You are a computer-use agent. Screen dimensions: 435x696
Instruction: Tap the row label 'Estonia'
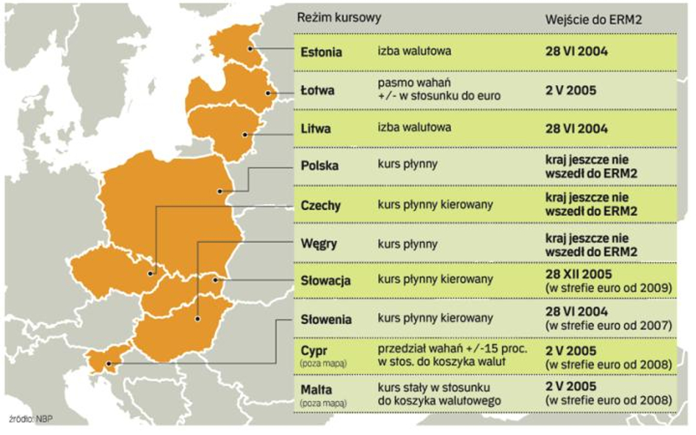coord(322,51)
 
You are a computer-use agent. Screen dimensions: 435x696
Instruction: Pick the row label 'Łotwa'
coord(318,91)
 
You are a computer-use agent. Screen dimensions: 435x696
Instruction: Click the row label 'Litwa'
coord(316,128)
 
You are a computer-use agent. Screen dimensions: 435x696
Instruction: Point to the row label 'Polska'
coord(320,165)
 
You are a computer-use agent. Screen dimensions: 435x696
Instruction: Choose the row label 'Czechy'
coord(321,205)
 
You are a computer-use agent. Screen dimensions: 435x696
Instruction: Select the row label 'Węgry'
coord(319,243)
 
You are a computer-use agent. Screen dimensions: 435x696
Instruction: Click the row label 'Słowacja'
coord(325,280)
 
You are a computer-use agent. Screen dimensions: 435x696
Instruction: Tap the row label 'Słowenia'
coord(326,319)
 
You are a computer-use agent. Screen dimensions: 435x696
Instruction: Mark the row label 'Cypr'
coord(313,352)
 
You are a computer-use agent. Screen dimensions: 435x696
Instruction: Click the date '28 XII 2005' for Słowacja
coord(577,274)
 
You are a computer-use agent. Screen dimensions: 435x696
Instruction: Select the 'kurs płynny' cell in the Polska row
coord(407,164)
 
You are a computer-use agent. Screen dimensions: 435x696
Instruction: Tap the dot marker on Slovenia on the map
coord(112,359)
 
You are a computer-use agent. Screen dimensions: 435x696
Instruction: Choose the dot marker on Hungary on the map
coord(197,319)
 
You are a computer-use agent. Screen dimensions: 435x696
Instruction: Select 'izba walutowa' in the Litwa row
coord(414,128)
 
